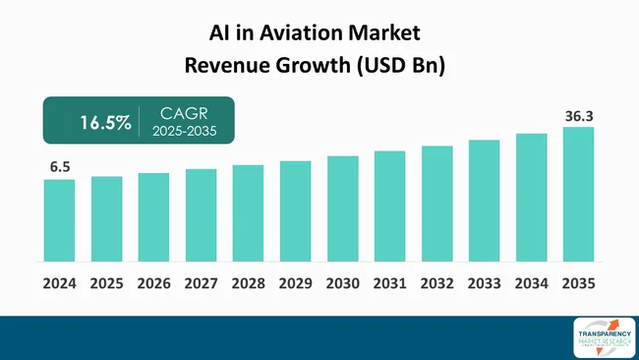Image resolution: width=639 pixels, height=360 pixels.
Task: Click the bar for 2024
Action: coord(59,220)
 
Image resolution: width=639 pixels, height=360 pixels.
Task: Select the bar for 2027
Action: coord(201,215)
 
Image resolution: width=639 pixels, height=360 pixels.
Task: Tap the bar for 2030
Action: coord(342,209)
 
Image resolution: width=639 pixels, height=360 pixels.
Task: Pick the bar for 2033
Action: coord(484,201)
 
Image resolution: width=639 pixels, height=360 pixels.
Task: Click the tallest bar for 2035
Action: coord(578,194)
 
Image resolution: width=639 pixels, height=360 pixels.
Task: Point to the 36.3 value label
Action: coord(578,116)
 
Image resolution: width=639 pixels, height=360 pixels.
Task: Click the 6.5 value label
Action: coord(59,167)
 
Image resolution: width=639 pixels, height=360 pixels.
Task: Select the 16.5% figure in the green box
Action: coord(102,123)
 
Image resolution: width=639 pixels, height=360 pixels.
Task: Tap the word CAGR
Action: coord(181,114)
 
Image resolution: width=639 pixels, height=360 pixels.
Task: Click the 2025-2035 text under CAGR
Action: coord(181,133)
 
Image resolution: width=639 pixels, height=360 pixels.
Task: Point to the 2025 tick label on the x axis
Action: coord(106,283)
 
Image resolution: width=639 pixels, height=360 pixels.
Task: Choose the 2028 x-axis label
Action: coord(248,283)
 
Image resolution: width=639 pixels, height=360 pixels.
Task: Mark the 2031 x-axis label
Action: coord(389,283)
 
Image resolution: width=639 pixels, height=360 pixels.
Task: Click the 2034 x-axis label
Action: coord(531,283)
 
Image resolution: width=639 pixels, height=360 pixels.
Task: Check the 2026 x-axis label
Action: coord(153,283)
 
